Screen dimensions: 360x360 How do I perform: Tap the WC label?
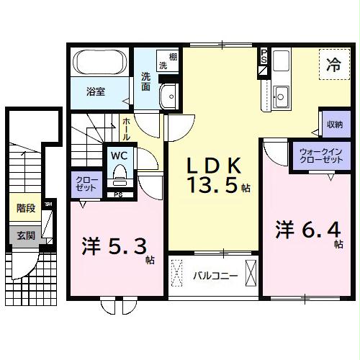pyautogui.click(x=118, y=155)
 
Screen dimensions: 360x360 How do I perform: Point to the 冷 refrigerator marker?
pyautogui.click(x=333, y=63)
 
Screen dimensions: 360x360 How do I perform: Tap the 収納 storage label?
pyautogui.click(x=334, y=124)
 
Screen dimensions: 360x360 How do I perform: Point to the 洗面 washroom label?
pyautogui.click(x=146, y=82)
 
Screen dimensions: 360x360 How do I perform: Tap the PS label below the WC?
pyautogui.click(x=118, y=194)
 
